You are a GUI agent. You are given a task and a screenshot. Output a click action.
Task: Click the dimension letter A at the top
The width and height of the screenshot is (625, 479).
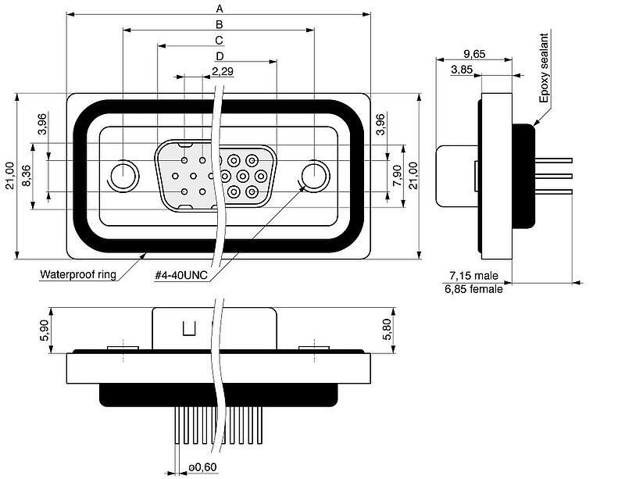(220, 9)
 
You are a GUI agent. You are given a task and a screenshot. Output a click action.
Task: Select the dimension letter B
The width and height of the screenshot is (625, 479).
(220, 24)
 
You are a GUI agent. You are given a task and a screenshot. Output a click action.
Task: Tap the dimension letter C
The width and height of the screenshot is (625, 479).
(220, 41)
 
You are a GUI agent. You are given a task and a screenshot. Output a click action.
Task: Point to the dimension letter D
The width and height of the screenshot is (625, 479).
(220, 56)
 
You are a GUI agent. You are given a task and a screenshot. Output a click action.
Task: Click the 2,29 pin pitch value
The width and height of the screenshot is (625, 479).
(223, 71)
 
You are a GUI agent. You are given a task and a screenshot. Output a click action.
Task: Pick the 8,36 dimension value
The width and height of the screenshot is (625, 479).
(27, 176)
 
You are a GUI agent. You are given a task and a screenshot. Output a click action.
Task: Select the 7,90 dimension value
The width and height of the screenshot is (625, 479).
(398, 177)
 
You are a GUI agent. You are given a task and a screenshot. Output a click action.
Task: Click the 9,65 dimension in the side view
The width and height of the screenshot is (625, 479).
(474, 53)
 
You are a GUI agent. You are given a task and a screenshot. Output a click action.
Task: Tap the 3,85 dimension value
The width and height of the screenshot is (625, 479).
(462, 70)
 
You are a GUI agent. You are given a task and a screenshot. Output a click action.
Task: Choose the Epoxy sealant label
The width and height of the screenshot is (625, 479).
(544, 68)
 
